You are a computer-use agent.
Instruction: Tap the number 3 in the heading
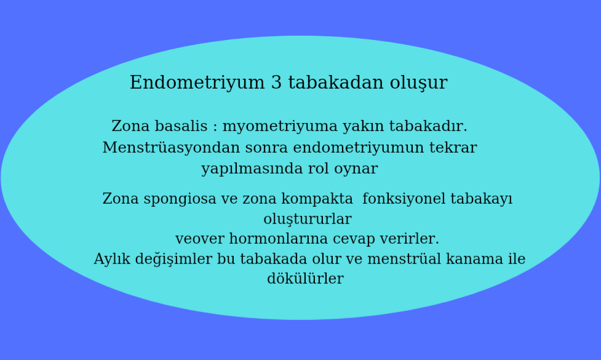(x=276, y=82)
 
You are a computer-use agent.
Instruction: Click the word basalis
(x=181, y=126)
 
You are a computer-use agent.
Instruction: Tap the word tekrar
(x=453, y=147)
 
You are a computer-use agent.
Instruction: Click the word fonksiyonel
(x=404, y=199)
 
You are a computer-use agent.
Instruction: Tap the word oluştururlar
(x=308, y=220)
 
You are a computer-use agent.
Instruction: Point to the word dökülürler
(x=305, y=279)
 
